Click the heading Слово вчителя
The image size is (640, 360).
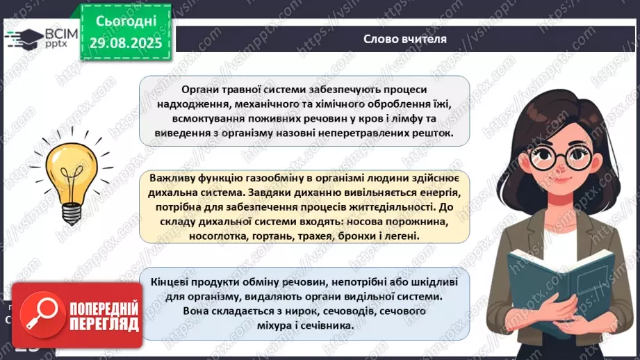[x=404, y=39]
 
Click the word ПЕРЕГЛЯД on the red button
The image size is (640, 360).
[x=104, y=324]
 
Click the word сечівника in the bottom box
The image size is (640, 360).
[x=326, y=325]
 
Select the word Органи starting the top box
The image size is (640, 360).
[x=200, y=90]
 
